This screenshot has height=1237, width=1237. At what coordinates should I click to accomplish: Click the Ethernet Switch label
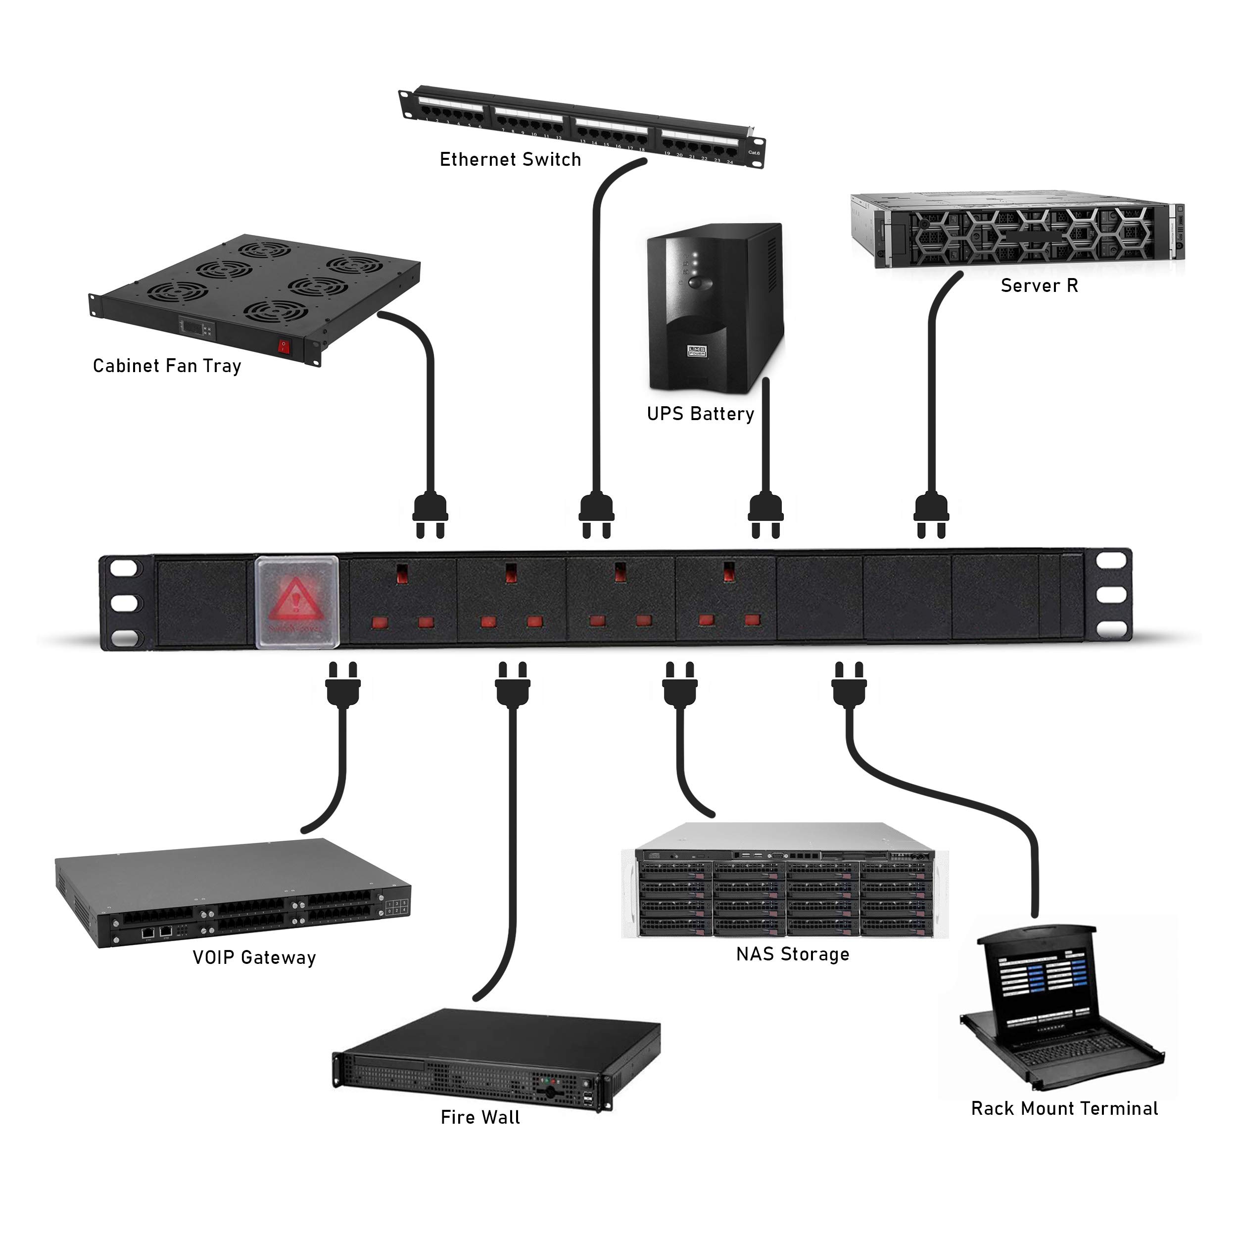coord(510,159)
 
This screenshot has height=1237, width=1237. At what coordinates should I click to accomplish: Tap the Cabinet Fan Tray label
coord(167,366)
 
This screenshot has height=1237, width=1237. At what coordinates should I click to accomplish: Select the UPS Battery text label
coord(701,414)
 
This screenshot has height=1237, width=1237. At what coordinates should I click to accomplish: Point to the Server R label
coord(1039,285)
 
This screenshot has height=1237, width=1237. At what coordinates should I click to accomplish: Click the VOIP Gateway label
coord(254,958)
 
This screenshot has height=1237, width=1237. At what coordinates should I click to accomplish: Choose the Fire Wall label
coord(480,1118)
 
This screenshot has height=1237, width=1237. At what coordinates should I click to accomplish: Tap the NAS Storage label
coord(793,954)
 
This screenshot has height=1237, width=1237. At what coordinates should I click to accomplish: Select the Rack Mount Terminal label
coord(1064,1109)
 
